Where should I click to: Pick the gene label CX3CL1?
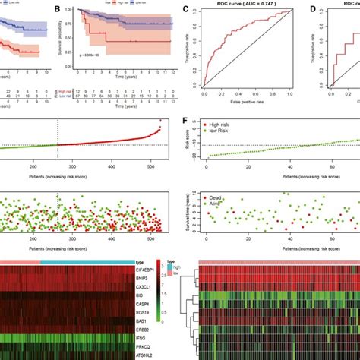(x=163, y=287)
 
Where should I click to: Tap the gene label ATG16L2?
(x=163, y=355)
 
